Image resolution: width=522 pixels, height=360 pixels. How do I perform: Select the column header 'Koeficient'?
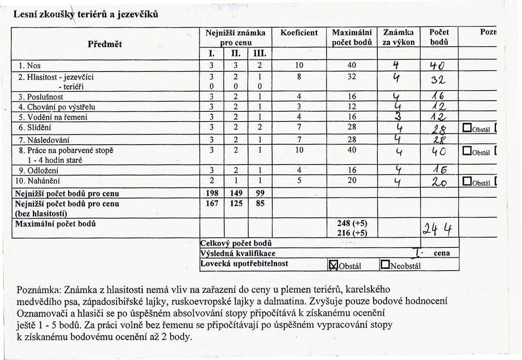pyautogui.click(x=299, y=33)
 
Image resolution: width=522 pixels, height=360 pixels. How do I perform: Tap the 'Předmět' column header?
pyautogui.click(x=105, y=44)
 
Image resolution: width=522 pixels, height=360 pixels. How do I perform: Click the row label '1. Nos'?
pyautogui.click(x=29, y=65)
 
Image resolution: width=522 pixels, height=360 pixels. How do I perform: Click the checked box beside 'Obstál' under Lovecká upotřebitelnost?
pyautogui.click(x=333, y=265)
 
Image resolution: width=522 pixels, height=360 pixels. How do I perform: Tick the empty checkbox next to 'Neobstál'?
pyautogui.click(x=384, y=265)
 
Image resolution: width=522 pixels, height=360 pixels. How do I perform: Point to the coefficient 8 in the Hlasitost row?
pyautogui.click(x=299, y=76)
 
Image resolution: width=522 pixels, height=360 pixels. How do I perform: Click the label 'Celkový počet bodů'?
pyautogui.click(x=236, y=243)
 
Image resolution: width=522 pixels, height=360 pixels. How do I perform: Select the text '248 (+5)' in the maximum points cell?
pyautogui.click(x=352, y=223)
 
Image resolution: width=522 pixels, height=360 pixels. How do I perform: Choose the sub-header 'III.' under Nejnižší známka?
pyautogui.click(x=259, y=54)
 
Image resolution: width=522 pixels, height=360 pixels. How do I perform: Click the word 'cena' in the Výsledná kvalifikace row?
pyautogui.click(x=442, y=253)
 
